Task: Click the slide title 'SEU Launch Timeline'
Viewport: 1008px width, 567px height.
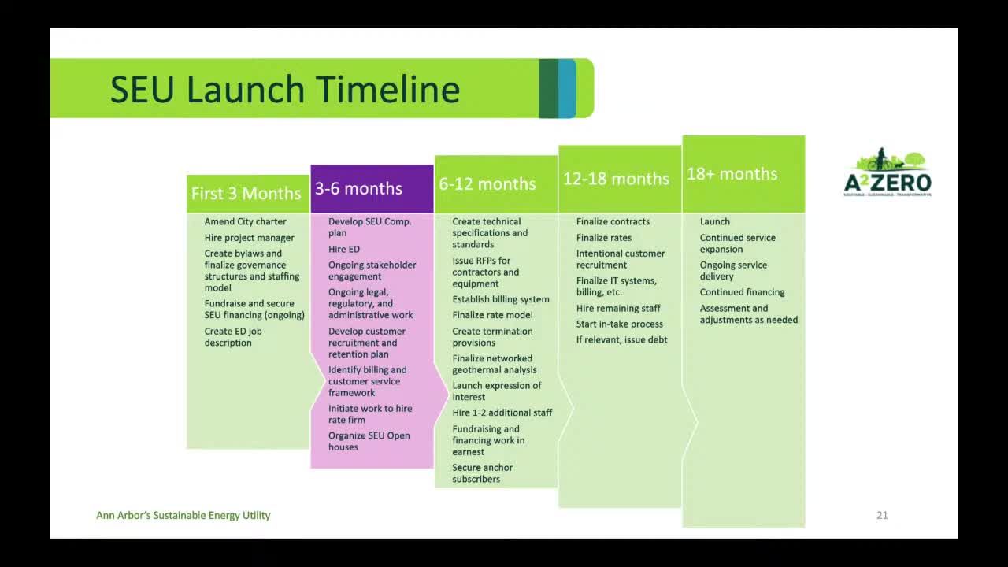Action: pyautogui.click(x=285, y=89)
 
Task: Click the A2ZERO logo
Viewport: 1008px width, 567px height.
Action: pyautogui.click(x=888, y=172)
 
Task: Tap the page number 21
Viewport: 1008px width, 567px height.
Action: pyautogui.click(x=882, y=515)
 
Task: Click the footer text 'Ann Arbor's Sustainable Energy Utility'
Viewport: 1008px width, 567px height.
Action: pyautogui.click(x=183, y=515)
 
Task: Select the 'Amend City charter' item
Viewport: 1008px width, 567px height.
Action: pyautogui.click(x=245, y=221)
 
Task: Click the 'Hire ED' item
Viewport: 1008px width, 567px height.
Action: pyautogui.click(x=344, y=249)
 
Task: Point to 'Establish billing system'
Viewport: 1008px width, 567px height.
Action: pyautogui.click(x=500, y=299)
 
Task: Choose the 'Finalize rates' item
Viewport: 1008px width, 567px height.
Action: pyautogui.click(x=603, y=238)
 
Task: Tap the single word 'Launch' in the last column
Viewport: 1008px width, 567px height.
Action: pyautogui.click(x=714, y=221)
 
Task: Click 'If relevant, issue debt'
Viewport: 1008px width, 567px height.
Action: pyautogui.click(x=621, y=339)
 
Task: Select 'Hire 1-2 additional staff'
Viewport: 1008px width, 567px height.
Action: pyautogui.click(x=502, y=413)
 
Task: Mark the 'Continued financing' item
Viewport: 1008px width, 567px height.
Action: pyautogui.click(x=742, y=292)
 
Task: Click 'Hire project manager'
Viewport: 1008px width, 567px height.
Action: pyautogui.click(x=249, y=238)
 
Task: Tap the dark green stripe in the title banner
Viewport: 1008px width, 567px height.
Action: pyautogui.click(x=549, y=88)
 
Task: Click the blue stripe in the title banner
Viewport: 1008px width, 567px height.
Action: pyautogui.click(x=567, y=88)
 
